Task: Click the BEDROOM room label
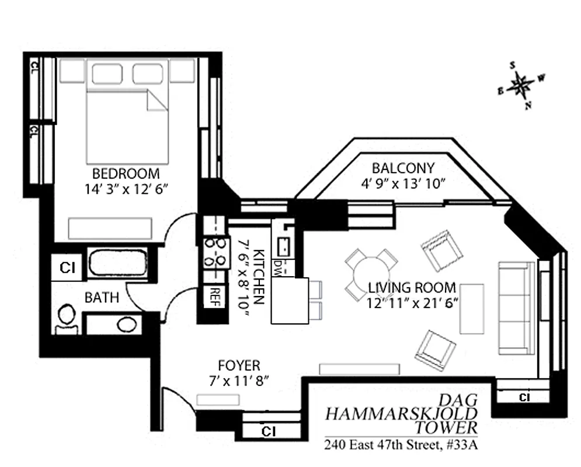coord(126,173)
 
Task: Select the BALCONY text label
coord(403,168)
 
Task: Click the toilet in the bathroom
coord(66,320)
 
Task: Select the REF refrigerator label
coord(214,294)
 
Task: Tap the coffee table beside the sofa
coord(472,308)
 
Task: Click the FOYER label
coord(238,366)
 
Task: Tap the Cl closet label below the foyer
coord(268,431)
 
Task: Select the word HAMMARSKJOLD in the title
coord(401,414)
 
